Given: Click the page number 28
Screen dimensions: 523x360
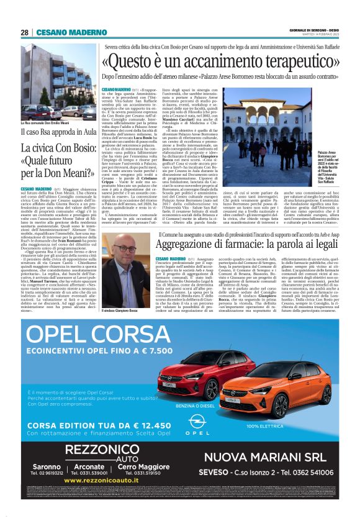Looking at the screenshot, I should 24,32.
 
